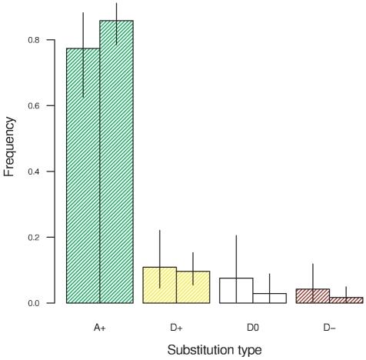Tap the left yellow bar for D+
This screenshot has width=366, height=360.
point(160,285)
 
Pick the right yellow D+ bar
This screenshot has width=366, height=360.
point(193,287)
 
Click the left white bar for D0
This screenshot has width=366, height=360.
point(236,291)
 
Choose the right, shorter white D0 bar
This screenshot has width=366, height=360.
point(269,298)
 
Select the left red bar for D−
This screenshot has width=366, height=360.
point(313,296)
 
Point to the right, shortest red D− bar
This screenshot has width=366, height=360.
point(346,300)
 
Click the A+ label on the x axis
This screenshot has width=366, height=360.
point(100,328)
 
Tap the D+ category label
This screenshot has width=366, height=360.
point(176,328)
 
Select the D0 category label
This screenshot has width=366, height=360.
point(253,328)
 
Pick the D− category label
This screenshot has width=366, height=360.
point(329,328)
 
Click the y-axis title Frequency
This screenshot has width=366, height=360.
point(10,146)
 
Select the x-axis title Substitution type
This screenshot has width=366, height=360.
point(215,350)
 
